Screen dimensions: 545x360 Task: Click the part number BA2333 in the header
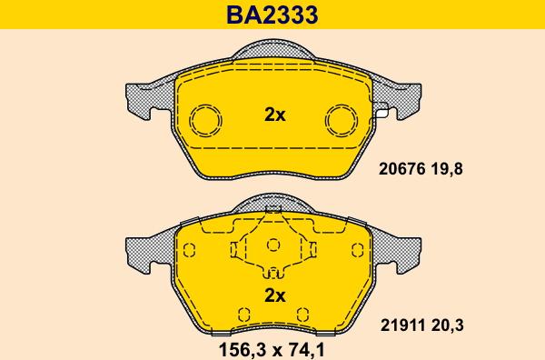click(x=272, y=15)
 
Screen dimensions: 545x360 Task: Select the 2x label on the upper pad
click(x=274, y=115)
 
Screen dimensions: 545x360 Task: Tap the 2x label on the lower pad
click(x=274, y=295)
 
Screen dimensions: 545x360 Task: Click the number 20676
click(x=401, y=169)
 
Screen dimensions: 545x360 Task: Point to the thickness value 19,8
click(x=447, y=169)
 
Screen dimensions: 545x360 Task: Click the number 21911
click(x=402, y=326)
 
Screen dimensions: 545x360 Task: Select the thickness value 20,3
click(x=448, y=326)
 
